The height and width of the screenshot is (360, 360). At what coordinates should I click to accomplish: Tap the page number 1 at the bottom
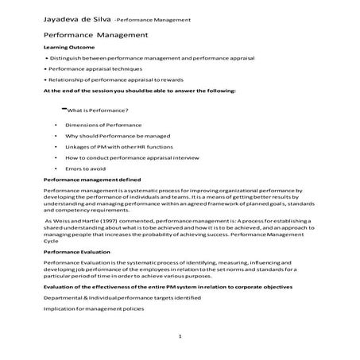tap(180, 335)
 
